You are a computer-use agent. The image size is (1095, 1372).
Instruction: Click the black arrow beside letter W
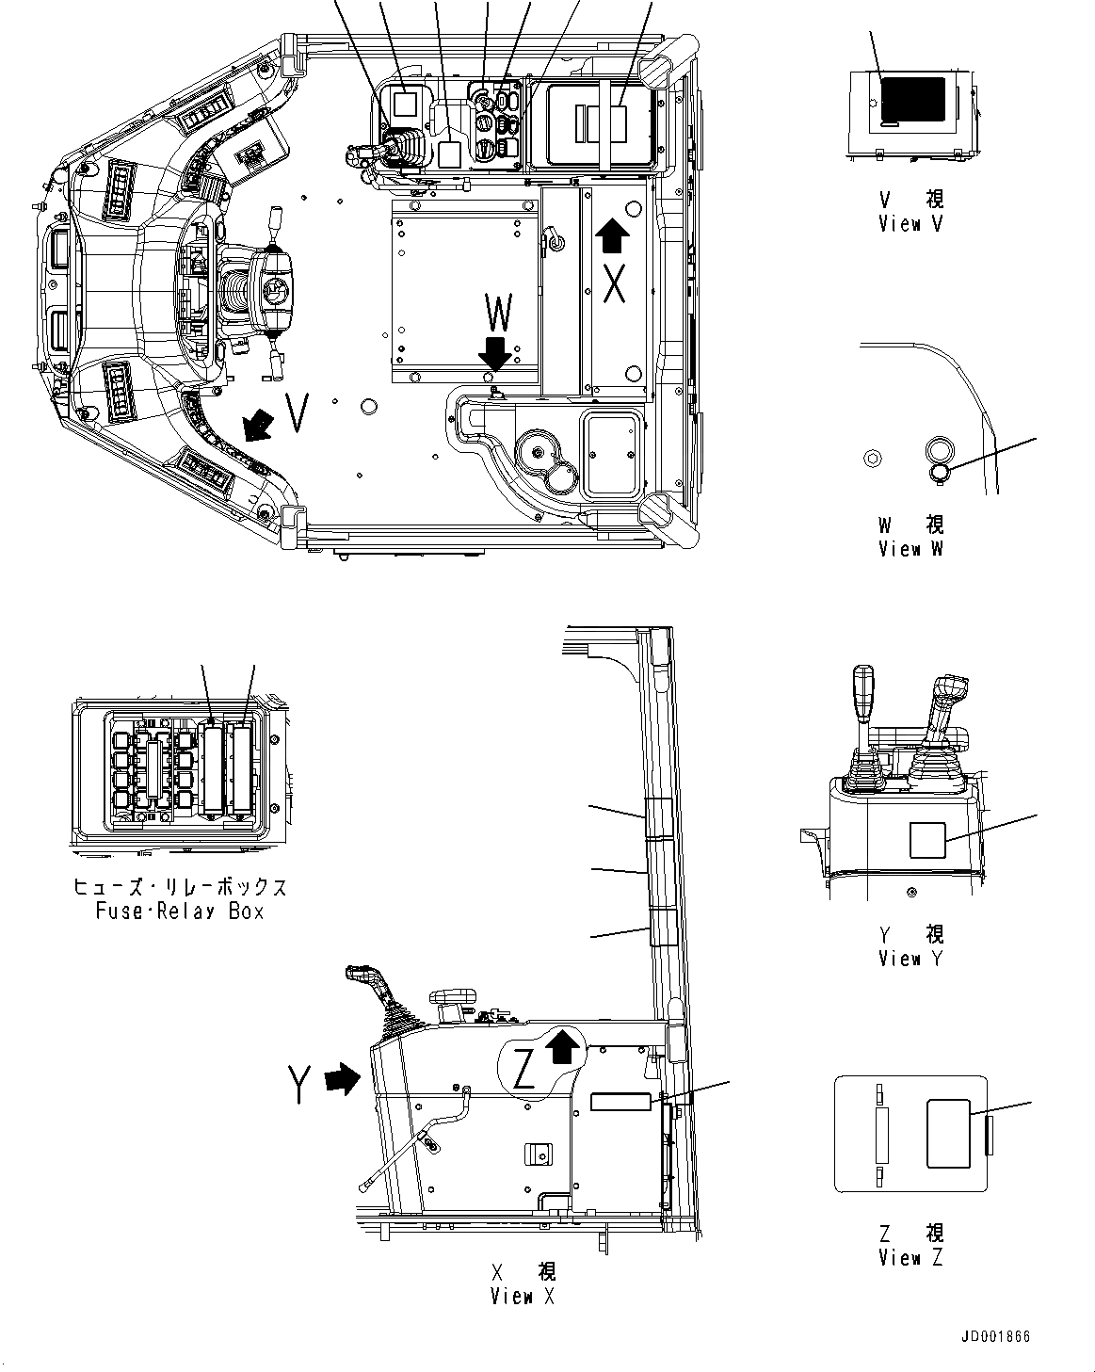(494, 355)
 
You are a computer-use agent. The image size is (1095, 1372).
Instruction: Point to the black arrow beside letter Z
(562, 1045)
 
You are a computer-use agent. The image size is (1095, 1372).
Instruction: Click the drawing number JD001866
(996, 1337)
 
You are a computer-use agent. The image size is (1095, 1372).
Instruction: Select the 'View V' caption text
(910, 224)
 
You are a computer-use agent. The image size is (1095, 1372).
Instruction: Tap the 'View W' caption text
(910, 549)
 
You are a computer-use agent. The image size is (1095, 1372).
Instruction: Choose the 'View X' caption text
(523, 1297)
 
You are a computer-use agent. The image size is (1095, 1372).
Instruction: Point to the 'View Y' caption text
(910, 959)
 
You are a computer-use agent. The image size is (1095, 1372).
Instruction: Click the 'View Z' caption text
(910, 1258)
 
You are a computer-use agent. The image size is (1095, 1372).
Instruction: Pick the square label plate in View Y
(927, 839)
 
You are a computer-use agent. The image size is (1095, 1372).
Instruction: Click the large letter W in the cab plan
(499, 314)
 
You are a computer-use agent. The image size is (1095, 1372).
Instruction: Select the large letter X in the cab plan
(614, 283)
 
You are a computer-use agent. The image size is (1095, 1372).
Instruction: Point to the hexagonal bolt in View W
(873, 459)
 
